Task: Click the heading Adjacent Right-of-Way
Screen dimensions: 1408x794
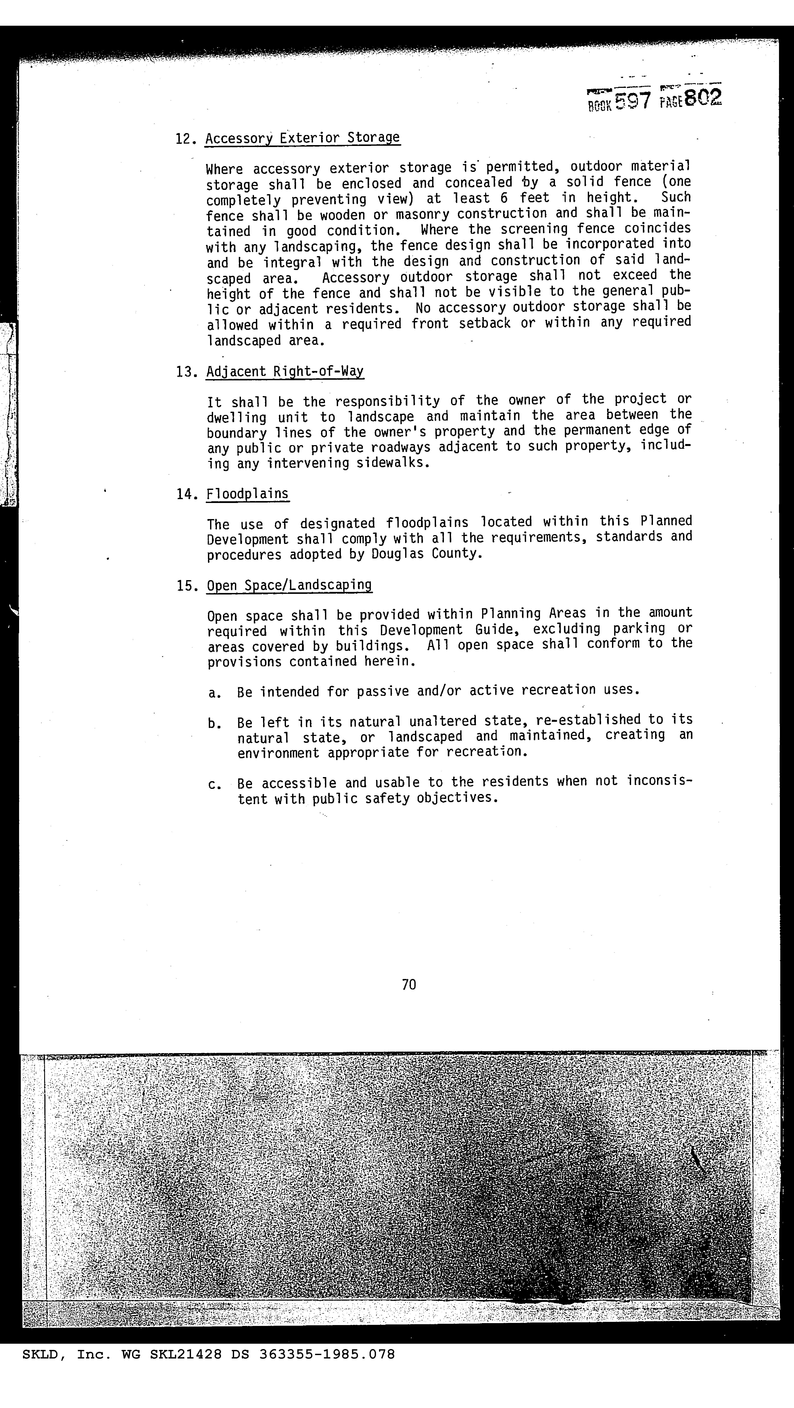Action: pyautogui.click(x=285, y=372)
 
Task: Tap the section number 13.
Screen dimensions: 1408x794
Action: pyautogui.click(x=186, y=372)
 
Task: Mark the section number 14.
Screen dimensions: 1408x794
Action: pyautogui.click(x=186, y=495)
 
